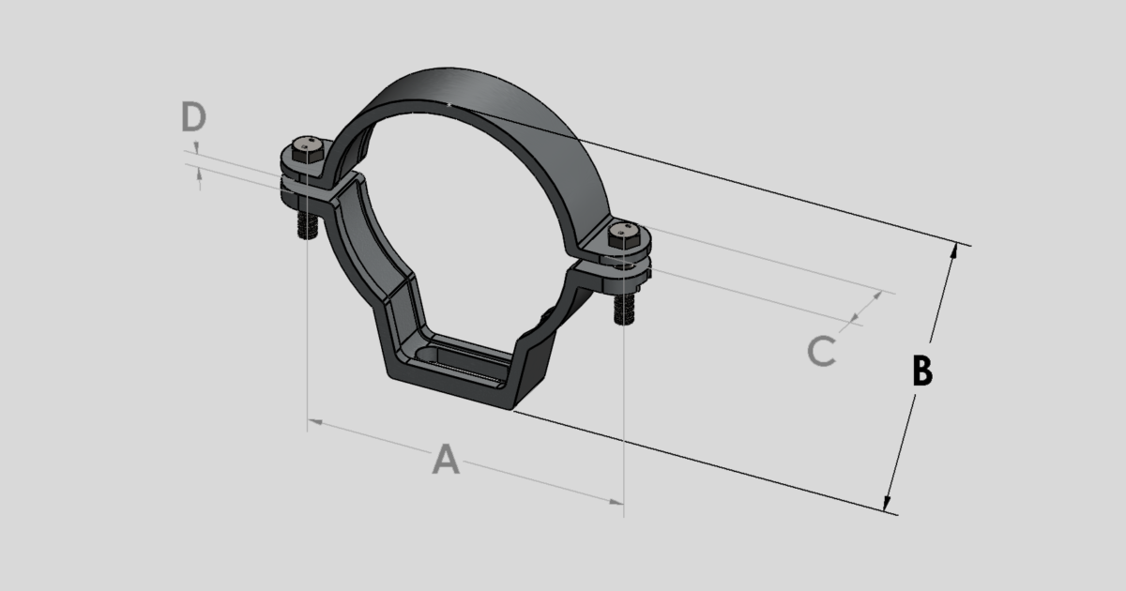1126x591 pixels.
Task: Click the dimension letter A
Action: click(447, 460)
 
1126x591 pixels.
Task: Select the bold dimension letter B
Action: click(922, 371)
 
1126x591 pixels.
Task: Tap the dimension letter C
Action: click(821, 352)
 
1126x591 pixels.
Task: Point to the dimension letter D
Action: click(193, 118)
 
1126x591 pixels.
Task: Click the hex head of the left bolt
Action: click(306, 150)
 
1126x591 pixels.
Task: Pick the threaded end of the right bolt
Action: click(623, 310)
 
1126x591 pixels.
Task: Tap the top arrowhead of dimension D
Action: click(197, 147)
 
